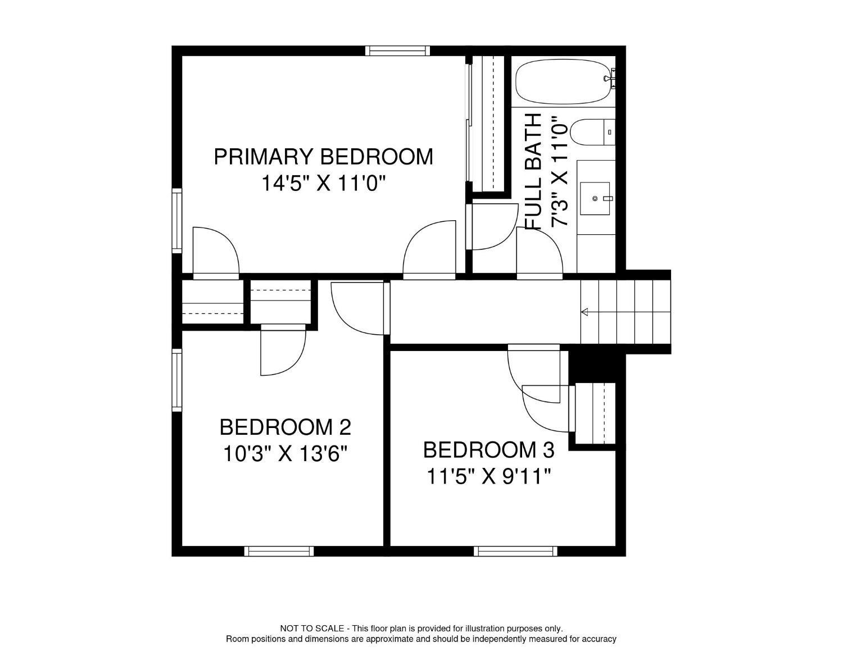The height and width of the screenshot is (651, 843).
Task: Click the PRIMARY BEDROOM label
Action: tap(323, 157)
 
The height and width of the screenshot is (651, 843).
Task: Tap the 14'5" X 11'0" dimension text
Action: tap(324, 183)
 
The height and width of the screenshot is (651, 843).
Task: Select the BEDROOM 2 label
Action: tap(285, 427)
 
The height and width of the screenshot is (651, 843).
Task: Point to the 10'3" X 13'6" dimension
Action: tap(285, 453)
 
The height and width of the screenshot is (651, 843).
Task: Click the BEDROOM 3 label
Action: tap(488, 450)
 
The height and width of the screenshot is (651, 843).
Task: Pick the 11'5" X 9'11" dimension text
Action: tap(488, 477)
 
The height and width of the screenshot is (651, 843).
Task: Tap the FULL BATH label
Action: tap(533, 171)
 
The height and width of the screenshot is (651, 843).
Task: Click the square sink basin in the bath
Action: tap(595, 198)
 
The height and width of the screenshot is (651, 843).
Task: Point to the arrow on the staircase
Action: tap(585, 312)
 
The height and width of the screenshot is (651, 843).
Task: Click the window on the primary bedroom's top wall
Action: tap(397, 51)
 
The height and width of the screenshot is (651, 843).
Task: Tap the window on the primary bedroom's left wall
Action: tap(177, 220)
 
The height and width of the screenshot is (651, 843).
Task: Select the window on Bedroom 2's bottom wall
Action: tap(279, 551)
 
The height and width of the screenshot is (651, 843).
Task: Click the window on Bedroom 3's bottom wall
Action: tap(515, 551)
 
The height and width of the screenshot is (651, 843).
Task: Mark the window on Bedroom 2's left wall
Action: tap(177, 380)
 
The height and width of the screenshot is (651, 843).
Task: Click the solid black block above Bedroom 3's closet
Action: tap(592, 366)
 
